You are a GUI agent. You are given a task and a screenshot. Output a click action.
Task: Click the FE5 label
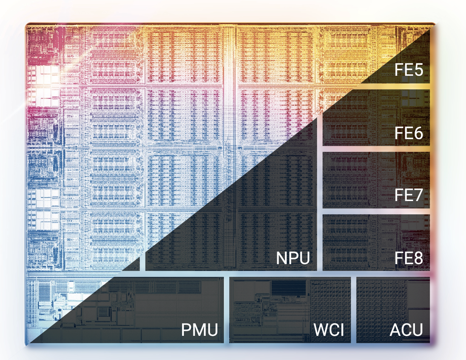409,70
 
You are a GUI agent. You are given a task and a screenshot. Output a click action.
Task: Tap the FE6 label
409,133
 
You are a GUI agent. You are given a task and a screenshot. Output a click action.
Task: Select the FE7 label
409,195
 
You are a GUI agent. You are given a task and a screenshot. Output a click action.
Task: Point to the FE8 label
409,258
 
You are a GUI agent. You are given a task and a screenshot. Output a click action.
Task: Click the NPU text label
293,258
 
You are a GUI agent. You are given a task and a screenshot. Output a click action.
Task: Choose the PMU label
199,330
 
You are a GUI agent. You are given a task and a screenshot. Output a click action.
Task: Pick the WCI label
329,330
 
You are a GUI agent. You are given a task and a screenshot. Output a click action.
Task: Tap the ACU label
406,330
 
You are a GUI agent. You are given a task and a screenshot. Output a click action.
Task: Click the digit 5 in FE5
418,70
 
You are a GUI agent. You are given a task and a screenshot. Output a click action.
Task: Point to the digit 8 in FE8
418,258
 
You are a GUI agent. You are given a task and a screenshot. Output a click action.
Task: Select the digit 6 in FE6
418,133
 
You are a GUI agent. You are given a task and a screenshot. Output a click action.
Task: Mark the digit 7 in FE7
418,195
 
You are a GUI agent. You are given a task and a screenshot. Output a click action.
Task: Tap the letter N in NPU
282,258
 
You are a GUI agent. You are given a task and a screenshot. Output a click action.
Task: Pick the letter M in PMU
199,330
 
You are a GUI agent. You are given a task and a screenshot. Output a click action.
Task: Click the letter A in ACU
395,330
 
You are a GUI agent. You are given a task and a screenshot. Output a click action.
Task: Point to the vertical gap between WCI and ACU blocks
353,310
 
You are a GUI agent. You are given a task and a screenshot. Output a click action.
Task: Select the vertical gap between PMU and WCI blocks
227,310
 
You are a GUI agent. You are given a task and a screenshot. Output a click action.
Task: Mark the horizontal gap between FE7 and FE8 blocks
376,211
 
